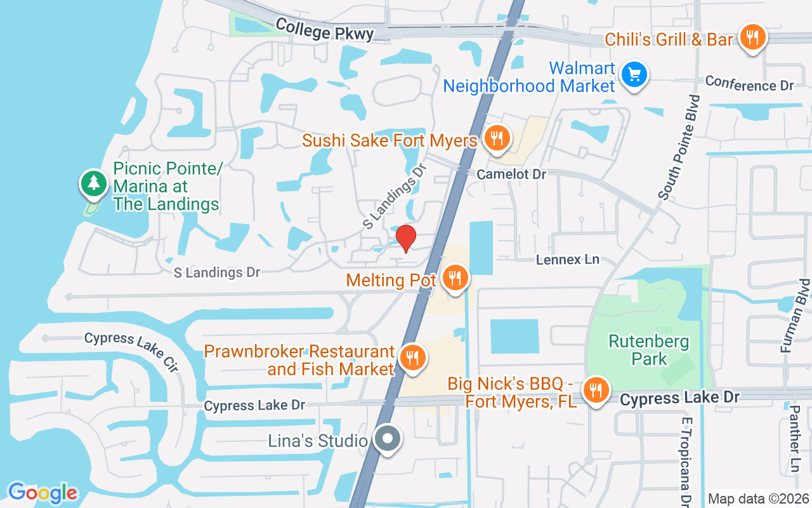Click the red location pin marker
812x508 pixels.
(406, 238)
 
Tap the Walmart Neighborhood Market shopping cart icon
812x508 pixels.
(634, 75)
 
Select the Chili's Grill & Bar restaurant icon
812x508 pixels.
(752, 37)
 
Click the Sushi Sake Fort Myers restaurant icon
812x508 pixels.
(497, 138)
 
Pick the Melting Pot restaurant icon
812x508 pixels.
(454, 278)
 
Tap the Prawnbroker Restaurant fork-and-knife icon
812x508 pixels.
(413, 358)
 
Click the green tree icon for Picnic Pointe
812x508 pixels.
(94, 183)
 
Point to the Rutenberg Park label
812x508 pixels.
(648, 351)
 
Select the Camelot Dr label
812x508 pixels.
(511, 173)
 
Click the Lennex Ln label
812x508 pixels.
(567, 259)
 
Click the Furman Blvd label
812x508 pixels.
(796, 316)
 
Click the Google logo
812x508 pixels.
(43, 493)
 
